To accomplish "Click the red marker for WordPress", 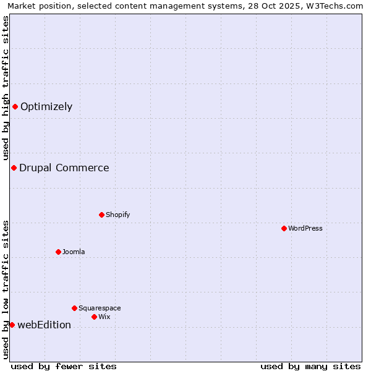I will pos(284,228).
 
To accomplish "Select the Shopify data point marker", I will pos(101,215).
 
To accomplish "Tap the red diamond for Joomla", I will pos(58,252).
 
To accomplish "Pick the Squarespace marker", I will pos(74,308).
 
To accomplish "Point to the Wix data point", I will pos(94,317).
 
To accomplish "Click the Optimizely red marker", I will pos(15,106).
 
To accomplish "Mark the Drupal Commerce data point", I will pos(14,168).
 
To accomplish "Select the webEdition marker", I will pos(12,325).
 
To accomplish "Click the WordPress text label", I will pos(305,228).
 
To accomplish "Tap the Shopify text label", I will pos(117,215).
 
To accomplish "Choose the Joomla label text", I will pos(74,252).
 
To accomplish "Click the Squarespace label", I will pos(100,308).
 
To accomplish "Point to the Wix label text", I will pos(104,317).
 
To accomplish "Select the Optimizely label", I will pos(46,106).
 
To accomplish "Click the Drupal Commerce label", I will pos(64,168).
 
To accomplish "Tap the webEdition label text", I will pos(44,325).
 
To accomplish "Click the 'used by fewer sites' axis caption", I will pos(64,366).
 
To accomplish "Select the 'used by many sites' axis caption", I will pos(310,366).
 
